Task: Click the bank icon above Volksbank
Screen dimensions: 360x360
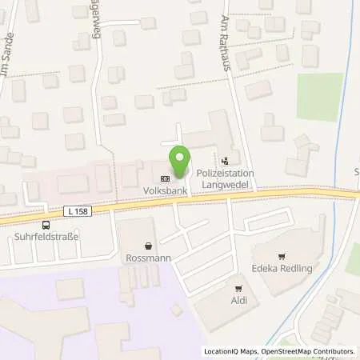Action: (166, 178)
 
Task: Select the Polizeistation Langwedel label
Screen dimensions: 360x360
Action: (226, 178)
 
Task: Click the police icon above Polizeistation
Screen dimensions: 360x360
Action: (226, 159)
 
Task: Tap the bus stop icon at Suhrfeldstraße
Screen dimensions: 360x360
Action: (45, 225)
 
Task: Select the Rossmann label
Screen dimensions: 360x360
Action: (149, 260)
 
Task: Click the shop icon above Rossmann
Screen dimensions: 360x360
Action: (149, 246)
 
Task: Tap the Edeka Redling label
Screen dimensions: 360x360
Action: (282, 268)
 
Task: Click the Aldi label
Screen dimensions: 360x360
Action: (238, 301)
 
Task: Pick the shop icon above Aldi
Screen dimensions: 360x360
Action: (238, 288)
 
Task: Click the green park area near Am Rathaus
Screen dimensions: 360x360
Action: (319, 97)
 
